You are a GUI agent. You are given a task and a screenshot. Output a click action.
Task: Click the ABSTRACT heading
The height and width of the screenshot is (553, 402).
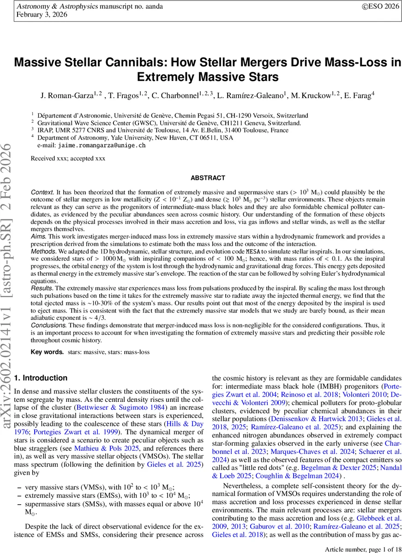(208, 178)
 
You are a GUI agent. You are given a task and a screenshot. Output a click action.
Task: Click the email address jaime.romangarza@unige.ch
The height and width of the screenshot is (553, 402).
(102, 145)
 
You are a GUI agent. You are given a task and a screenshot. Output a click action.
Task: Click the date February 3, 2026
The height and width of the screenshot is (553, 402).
(42, 15)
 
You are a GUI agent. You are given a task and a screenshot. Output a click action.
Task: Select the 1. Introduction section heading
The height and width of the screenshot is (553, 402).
(42, 378)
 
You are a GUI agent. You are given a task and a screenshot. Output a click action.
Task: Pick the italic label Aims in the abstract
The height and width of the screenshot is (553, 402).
(39, 236)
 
